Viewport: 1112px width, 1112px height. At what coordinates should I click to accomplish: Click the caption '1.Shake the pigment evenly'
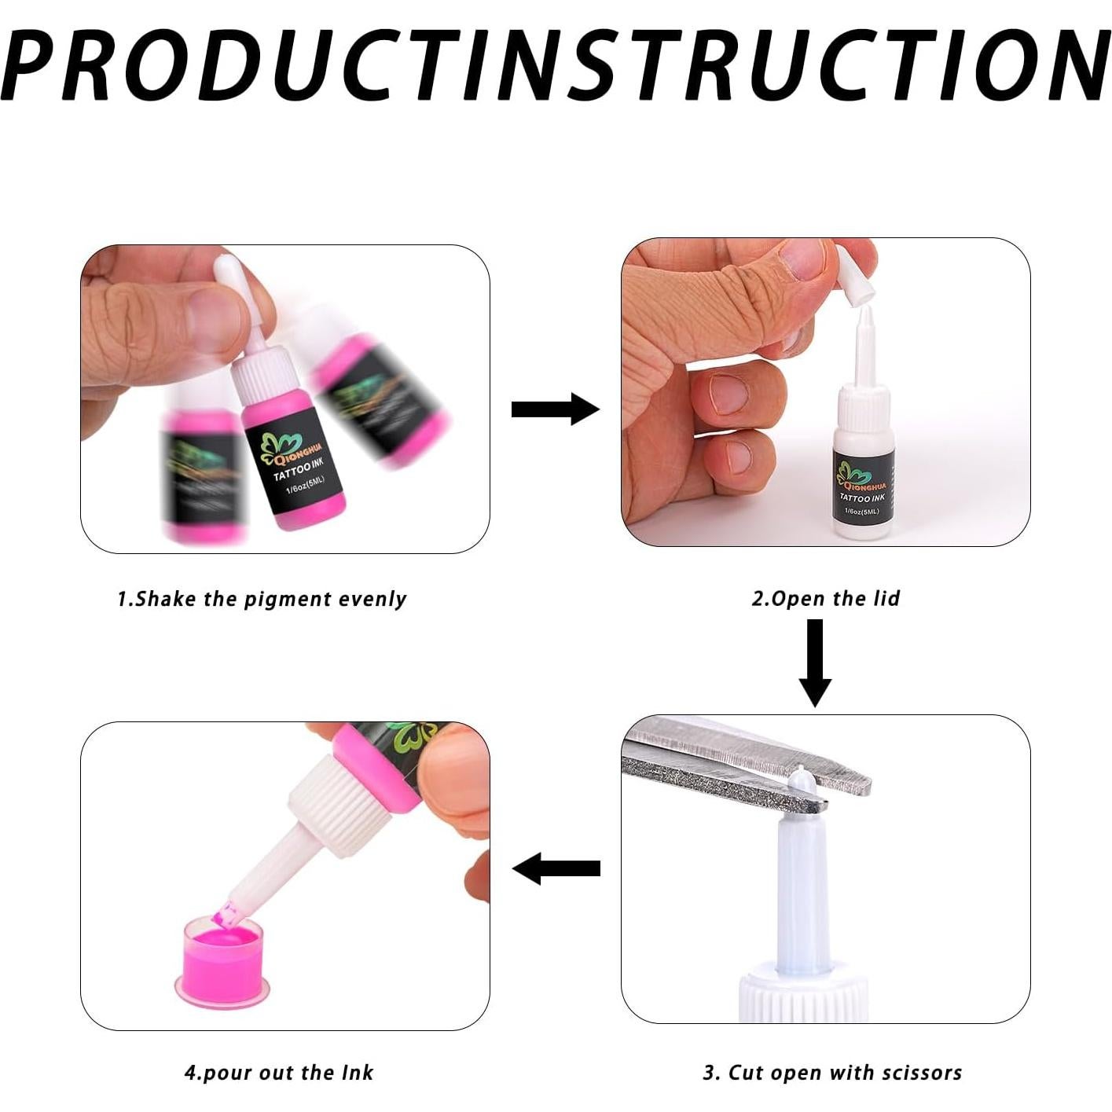tap(262, 599)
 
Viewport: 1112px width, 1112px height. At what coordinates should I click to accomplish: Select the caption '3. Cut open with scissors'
tap(832, 1073)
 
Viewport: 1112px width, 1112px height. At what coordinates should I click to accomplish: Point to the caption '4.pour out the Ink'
tap(279, 1073)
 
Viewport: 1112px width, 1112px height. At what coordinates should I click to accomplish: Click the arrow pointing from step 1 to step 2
tap(555, 409)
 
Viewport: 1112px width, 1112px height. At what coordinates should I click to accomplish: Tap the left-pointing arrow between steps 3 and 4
tap(556, 868)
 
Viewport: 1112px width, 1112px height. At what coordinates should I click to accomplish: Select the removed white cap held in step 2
tap(853, 275)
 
